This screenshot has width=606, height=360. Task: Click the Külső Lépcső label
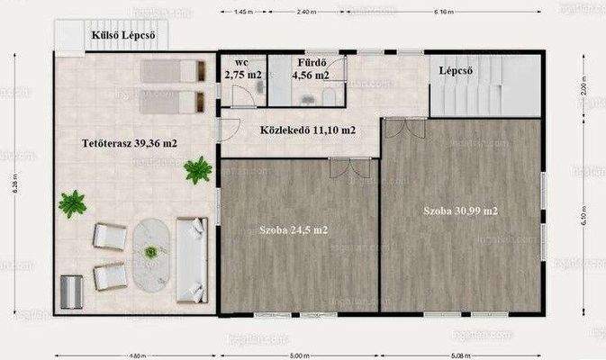pos(124,36)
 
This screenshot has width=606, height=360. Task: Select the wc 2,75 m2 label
pos(240,69)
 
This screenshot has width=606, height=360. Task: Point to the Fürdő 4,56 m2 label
pos(309,69)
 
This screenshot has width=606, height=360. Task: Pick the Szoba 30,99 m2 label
pos(461,211)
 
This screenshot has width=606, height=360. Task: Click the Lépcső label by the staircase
pos(457,70)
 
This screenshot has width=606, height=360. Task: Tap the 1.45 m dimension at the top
pos(242,13)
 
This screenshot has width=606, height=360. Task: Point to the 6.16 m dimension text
pos(442,13)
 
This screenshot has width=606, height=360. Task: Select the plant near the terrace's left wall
pos(71,203)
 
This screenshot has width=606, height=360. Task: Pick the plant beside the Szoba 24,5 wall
pos(197,169)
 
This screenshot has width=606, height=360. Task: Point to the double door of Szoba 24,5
pos(345,167)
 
